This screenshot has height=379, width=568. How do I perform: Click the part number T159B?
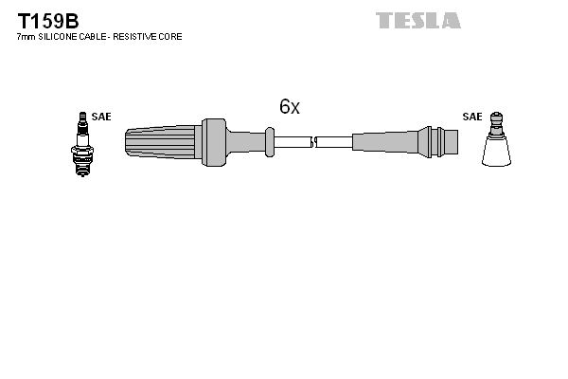point(48,21)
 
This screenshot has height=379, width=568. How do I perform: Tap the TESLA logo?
point(418,20)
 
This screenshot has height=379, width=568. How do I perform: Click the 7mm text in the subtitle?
point(27,37)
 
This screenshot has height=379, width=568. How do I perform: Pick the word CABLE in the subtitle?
point(93,37)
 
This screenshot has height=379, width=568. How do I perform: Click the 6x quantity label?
point(290,107)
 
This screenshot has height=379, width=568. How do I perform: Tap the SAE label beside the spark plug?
point(101,117)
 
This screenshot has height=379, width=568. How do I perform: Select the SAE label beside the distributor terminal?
point(472,117)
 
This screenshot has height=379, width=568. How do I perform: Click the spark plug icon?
point(82,144)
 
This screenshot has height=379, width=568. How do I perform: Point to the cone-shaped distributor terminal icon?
point(496,139)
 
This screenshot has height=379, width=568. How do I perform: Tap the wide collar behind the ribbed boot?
point(214,142)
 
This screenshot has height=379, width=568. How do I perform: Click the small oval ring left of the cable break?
point(270,142)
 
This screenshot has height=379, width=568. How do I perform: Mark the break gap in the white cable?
point(313,142)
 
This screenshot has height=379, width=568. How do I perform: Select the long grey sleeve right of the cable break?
point(384,142)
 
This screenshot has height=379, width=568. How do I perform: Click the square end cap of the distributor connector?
point(451,142)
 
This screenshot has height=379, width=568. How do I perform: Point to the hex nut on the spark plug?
point(82,150)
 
